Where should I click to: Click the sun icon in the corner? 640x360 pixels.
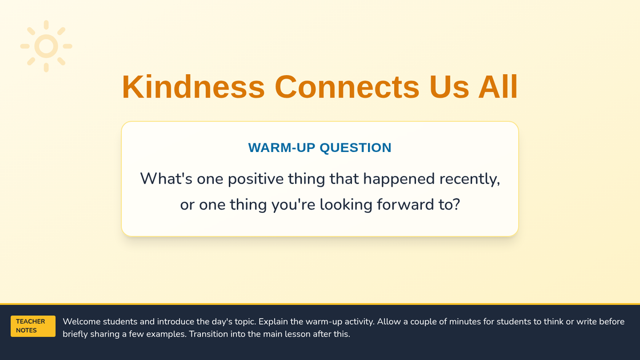pos(46,46)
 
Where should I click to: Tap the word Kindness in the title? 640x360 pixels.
pos(194,87)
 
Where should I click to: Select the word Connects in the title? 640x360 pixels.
pos(347,87)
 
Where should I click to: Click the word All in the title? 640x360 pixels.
pos(498,86)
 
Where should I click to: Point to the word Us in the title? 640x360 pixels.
pos(449,87)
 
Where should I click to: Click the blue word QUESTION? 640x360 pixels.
pos(355,148)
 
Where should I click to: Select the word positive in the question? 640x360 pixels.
pos(255,179)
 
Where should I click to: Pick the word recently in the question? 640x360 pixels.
pos(470,179)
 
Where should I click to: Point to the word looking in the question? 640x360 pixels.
pos(346,205)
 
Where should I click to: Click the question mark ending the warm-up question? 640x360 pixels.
pos(457,205)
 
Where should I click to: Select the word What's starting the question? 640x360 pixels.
pos(166,179)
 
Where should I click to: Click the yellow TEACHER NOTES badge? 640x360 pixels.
pos(33,326)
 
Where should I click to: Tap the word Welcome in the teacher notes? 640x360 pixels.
pos(82,322)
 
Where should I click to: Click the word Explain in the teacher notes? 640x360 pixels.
pos(273,322)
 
